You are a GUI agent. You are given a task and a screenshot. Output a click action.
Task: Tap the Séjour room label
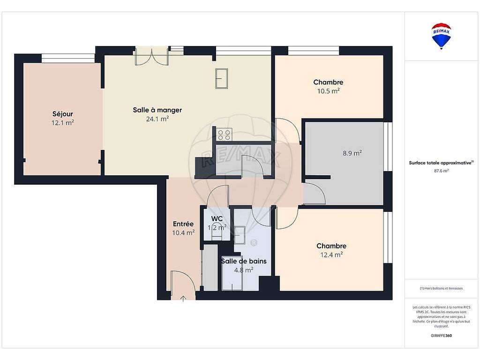pos(63,114)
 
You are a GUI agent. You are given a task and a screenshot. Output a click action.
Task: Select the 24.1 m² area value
pos(157,119)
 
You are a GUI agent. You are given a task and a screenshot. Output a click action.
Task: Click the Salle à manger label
pos(157,110)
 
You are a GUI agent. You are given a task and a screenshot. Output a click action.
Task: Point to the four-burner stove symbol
pos(224,135)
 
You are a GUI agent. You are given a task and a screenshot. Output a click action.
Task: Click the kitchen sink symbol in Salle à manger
pos(221,79)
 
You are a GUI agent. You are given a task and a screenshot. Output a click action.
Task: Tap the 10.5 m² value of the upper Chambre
pos(329,91)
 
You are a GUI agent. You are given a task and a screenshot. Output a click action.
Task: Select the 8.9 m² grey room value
pos(352,153)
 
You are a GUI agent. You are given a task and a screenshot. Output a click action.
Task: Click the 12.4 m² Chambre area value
pos(331,255)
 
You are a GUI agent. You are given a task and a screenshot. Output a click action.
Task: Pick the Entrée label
pos(183,224)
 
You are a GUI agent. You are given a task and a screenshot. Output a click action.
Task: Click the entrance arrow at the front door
pos(183,299)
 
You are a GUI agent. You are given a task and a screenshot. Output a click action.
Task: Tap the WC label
pos(217,219)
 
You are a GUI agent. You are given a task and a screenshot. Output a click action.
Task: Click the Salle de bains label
pos(244,261)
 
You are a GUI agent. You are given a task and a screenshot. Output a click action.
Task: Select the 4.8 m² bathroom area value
pos(244,270)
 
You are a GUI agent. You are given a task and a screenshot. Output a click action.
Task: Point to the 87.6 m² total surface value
pos(441,171)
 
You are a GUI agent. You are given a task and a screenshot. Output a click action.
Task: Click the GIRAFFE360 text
pos(441,336)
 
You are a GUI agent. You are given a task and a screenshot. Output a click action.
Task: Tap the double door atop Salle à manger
pos(152,57)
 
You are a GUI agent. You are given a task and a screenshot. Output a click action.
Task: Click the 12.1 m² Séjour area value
pos(63,123)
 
